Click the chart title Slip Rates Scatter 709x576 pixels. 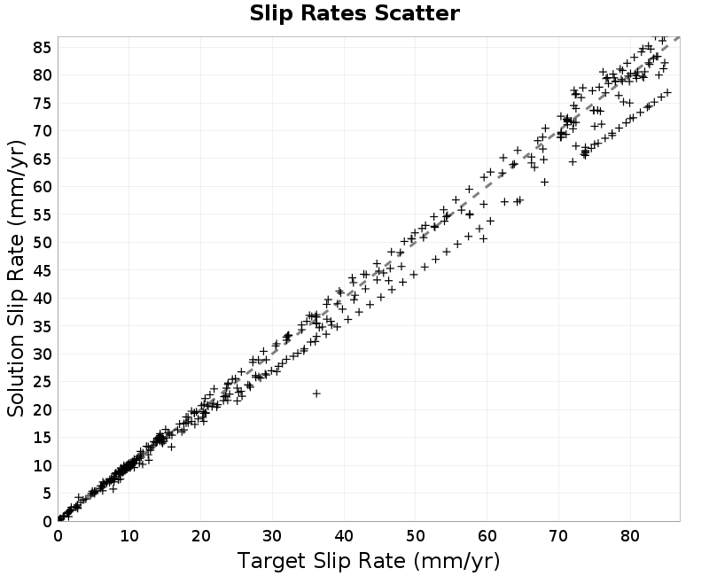pyautogui.click(x=354, y=13)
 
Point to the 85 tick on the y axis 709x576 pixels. pyautogui.click(x=43, y=47)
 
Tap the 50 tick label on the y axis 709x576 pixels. pyautogui.click(x=43, y=242)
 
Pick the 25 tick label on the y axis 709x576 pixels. pyautogui.click(x=43, y=382)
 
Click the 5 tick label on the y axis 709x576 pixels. pyautogui.click(x=47, y=494)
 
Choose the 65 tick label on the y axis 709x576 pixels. pyautogui.click(x=43, y=159)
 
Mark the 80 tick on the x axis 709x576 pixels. pyautogui.click(x=630, y=536)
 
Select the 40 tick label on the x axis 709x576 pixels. pyautogui.click(x=344, y=536)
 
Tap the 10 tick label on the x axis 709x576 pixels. pyautogui.click(x=129, y=536)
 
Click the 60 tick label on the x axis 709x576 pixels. pyautogui.click(x=487, y=536)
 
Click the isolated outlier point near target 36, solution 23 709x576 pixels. pyautogui.click(x=316, y=393)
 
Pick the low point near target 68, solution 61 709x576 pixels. pyautogui.click(x=545, y=182)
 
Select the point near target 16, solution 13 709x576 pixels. pyautogui.click(x=171, y=447)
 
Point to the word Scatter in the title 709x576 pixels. pyautogui.click(x=417, y=13)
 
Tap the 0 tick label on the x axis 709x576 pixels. pyautogui.click(x=58, y=536)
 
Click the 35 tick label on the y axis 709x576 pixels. pyautogui.click(x=43, y=325)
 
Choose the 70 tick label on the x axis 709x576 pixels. pyautogui.click(x=558, y=536)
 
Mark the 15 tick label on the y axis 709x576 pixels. pyautogui.click(x=43, y=437)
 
